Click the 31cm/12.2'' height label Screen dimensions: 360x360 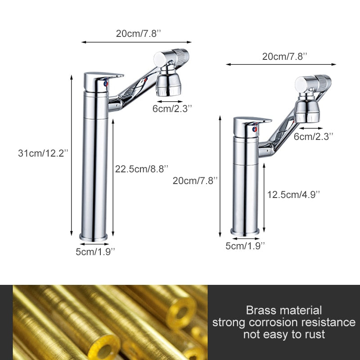tap(43, 153)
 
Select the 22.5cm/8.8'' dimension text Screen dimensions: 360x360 tap(142, 169)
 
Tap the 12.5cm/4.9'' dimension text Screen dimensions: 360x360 tap(293, 194)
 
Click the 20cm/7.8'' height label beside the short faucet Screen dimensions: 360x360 tap(195, 180)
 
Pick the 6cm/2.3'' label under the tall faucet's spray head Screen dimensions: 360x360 tap(173, 108)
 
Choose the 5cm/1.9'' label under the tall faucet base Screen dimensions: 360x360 tap(95, 252)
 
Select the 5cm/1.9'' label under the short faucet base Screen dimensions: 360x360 tap(245, 245)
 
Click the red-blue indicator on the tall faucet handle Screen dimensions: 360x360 tap(105, 83)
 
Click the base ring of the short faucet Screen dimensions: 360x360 tap(245, 232)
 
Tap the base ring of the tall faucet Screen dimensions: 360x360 tap(94, 236)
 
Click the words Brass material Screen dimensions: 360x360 tap(284, 310)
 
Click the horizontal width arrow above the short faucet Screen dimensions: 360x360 tap(281, 64)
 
